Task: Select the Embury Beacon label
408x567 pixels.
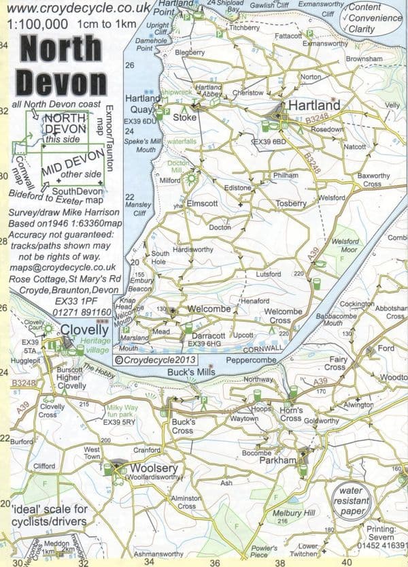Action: [141, 285]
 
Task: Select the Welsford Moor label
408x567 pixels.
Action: [345, 244]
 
